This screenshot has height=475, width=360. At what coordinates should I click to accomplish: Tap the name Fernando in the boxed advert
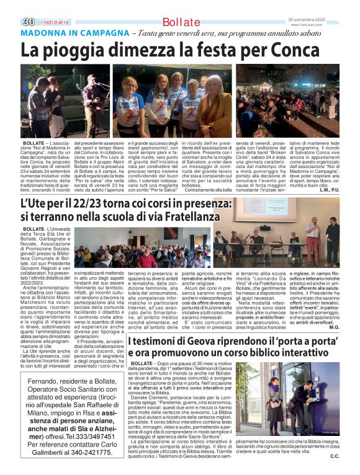50,381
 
